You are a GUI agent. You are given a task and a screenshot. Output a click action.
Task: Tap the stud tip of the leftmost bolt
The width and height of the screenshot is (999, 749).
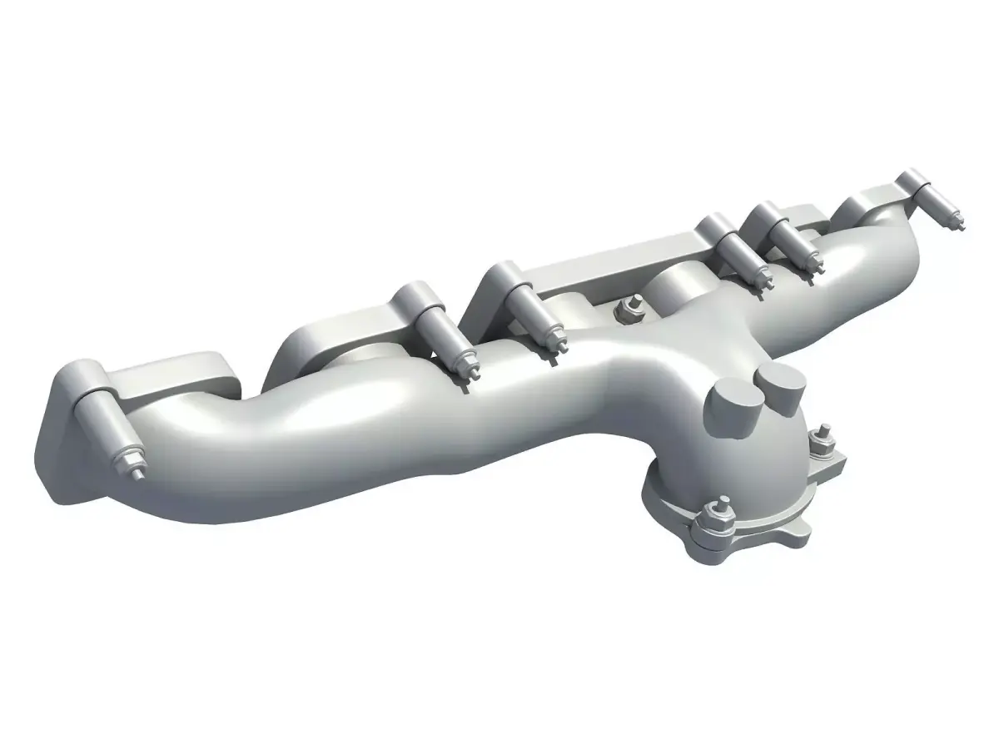(x=135, y=475)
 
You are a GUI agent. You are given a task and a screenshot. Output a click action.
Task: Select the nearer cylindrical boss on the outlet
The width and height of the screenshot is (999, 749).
(x=734, y=409)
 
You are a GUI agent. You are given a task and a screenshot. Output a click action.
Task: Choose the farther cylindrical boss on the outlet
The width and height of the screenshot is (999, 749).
(x=780, y=384)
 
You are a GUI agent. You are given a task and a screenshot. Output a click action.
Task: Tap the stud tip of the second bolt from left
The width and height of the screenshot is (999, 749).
(x=466, y=379)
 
